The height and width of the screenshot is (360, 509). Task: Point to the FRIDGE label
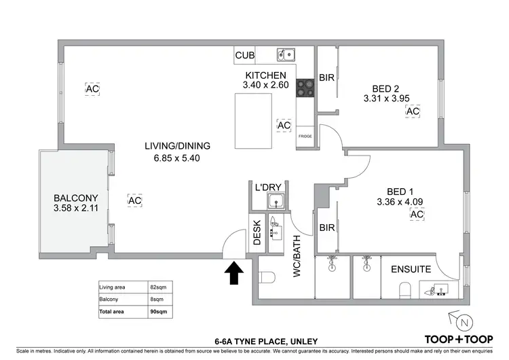[x=305, y=137]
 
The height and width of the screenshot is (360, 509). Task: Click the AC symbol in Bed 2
[x=413, y=111]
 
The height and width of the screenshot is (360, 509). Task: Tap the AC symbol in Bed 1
[x=417, y=215]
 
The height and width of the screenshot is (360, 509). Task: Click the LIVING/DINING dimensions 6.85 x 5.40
[x=177, y=158]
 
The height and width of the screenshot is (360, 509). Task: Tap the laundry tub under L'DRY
[x=276, y=201]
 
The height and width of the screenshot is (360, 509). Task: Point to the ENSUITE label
[x=411, y=269]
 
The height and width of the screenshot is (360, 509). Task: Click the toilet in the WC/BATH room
[x=266, y=278]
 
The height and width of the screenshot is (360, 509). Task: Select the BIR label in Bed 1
[x=326, y=229]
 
